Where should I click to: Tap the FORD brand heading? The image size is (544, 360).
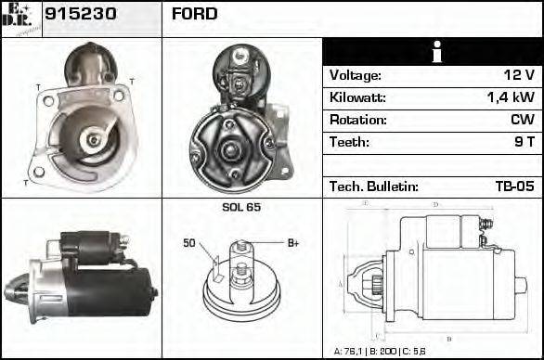(195, 14)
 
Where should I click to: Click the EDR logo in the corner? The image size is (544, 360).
(19, 17)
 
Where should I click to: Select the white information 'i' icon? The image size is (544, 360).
(432, 52)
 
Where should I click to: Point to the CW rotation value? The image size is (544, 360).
(522, 120)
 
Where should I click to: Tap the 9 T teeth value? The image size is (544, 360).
(524, 142)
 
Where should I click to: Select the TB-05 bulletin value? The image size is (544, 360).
(514, 186)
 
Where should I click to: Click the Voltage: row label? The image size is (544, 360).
(356, 75)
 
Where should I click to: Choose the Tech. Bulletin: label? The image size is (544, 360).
(374, 186)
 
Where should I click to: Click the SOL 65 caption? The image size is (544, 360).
(241, 207)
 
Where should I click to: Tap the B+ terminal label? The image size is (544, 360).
(293, 243)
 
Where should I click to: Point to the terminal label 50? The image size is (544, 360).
(188, 243)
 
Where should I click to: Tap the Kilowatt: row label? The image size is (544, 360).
(357, 97)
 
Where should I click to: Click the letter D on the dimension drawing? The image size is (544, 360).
(435, 204)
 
